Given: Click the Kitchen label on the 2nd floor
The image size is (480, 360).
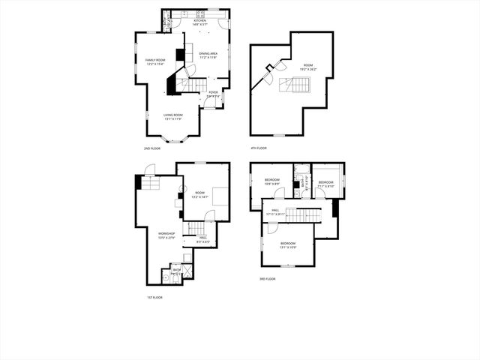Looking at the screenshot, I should pyautogui.click(x=200, y=22).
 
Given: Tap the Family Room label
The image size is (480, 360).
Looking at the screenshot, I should pyautogui.click(x=155, y=62).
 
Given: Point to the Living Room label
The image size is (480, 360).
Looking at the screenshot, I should pyautogui.click(x=173, y=116).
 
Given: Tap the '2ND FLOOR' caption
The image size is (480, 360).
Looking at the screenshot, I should pyautogui.click(x=152, y=148).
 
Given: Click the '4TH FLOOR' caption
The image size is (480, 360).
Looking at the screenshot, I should pyautogui.click(x=259, y=148).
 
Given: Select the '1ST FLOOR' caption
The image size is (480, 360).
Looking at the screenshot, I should pyautogui.click(x=154, y=297).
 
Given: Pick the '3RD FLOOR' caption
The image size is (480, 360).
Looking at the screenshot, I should pyautogui.click(x=268, y=279).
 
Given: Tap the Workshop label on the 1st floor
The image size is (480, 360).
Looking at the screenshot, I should pyautogui.click(x=166, y=235).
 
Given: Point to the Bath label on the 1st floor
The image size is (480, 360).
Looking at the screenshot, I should pyautogui.click(x=177, y=269).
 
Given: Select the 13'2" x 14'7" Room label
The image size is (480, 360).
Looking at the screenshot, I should pyautogui.click(x=200, y=194).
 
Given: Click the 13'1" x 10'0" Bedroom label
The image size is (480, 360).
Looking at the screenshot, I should pyautogui.click(x=289, y=244).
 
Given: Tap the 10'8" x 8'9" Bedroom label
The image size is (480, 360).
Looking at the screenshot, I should pyautogui.click(x=271, y=181).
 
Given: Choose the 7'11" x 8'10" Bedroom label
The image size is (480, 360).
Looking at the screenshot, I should pyautogui.click(x=325, y=184).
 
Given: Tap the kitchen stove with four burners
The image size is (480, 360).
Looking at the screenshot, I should pyautogui.click(x=200, y=13).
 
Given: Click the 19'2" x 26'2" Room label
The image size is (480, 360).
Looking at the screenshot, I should pyautogui.click(x=307, y=67).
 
